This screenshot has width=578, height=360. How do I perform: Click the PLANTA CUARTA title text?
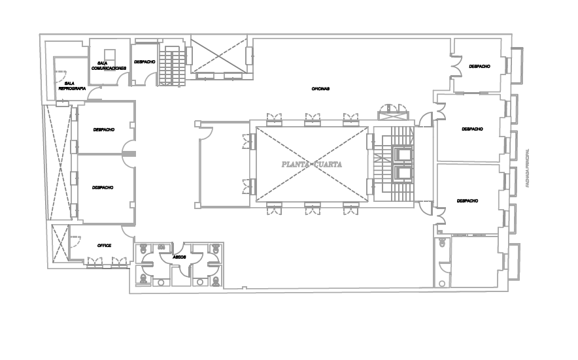point(311,165)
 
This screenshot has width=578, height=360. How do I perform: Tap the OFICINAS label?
point(320,89)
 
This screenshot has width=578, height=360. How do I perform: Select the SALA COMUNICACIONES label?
point(109,65)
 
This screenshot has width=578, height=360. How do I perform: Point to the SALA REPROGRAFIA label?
point(72,86)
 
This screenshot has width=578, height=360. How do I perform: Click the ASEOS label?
point(179,257)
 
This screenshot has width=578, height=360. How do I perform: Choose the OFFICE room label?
point(104,246)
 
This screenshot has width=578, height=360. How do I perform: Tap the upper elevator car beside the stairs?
point(403,154)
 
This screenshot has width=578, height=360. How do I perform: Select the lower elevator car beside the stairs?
point(403,172)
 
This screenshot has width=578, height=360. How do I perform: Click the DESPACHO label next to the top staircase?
point(144,62)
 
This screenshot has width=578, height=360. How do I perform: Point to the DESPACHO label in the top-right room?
point(479,67)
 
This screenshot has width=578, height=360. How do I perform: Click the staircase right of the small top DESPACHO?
point(172,67)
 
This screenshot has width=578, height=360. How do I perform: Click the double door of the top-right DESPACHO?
point(456,66)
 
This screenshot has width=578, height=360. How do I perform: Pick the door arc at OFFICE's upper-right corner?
point(128,231)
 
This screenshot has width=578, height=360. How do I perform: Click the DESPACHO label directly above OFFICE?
point(103,188)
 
